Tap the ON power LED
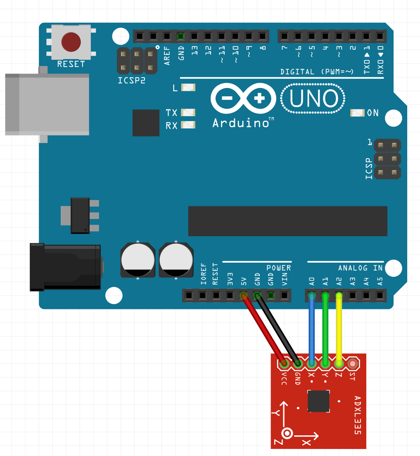[x=358, y=113]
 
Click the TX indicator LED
[x=188, y=112]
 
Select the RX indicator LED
[x=188, y=125]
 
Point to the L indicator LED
[x=188, y=88]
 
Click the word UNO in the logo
[x=313, y=99]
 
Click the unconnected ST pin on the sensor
[x=353, y=363]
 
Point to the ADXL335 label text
[x=358, y=415]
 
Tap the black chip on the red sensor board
[x=318, y=401]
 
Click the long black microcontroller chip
[x=287, y=221]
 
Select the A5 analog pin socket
[x=380, y=296]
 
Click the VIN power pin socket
[x=284, y=296]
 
